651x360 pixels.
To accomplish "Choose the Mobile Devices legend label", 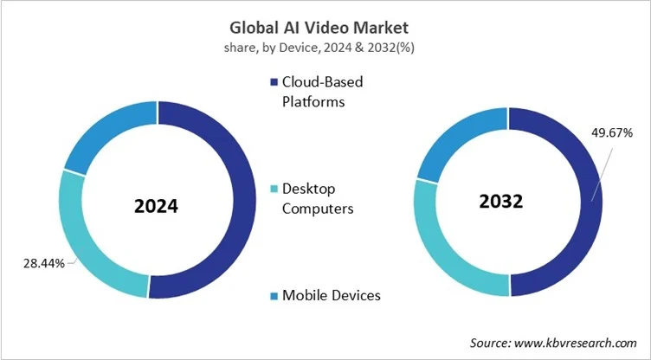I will click(x=332, y=295).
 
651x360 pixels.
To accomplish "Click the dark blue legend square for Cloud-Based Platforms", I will click(x=274, y=83).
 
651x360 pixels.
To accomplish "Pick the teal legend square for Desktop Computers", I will click(x=274, y=189).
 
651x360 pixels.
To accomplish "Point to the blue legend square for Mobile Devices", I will click(x=274, y=296).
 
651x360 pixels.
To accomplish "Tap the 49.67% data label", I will click(x=611, y=133).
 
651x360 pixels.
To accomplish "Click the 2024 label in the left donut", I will click(x=156, y=207).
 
